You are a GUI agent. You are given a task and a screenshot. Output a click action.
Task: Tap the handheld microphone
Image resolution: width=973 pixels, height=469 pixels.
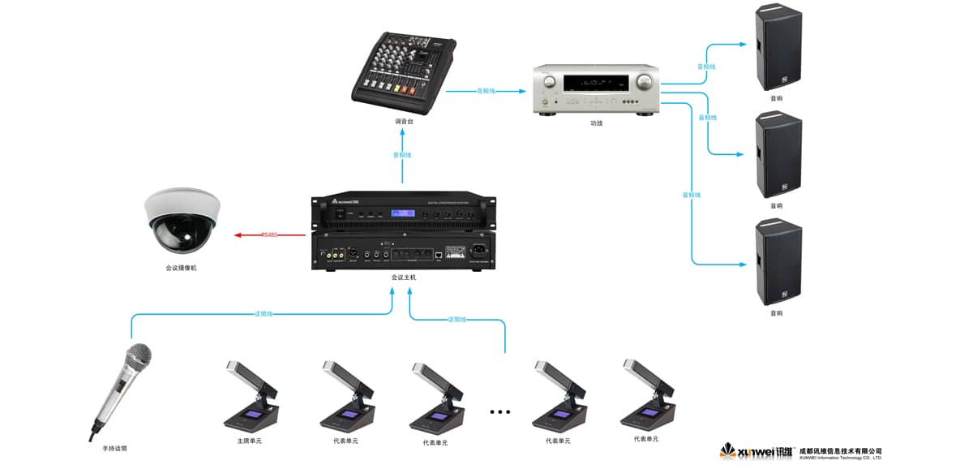pos(122,389)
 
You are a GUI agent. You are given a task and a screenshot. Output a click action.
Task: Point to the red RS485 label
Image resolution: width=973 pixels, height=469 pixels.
pos(269,235)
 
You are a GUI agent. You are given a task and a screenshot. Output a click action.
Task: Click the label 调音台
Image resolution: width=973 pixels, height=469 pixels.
pos(404,122)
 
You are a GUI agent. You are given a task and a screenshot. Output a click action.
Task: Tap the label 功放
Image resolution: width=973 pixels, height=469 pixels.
pos(596,123)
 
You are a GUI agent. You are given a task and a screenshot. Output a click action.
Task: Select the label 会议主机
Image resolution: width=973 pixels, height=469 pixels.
pos(403,278)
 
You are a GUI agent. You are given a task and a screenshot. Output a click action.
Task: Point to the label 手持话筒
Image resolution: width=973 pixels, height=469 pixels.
pos(114,448)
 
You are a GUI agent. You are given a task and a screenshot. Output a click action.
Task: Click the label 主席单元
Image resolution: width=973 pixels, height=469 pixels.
pos(248,441)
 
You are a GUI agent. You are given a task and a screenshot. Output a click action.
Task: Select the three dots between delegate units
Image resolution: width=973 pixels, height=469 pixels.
pos(500,412)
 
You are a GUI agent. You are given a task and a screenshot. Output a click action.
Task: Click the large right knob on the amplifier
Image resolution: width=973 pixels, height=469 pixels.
pos(644,82)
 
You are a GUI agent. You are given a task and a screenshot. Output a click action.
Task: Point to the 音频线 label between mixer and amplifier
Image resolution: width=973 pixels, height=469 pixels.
pos(485,91)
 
